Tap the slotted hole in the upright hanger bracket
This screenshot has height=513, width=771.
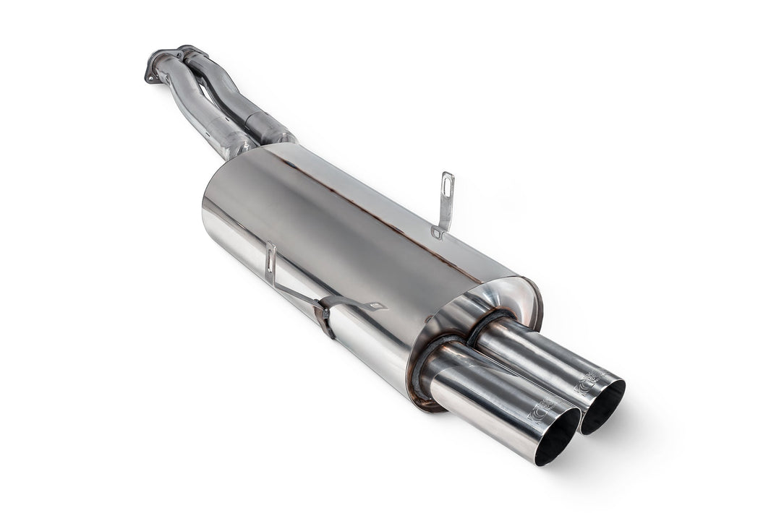pyautogui.click(x=448, y=187)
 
